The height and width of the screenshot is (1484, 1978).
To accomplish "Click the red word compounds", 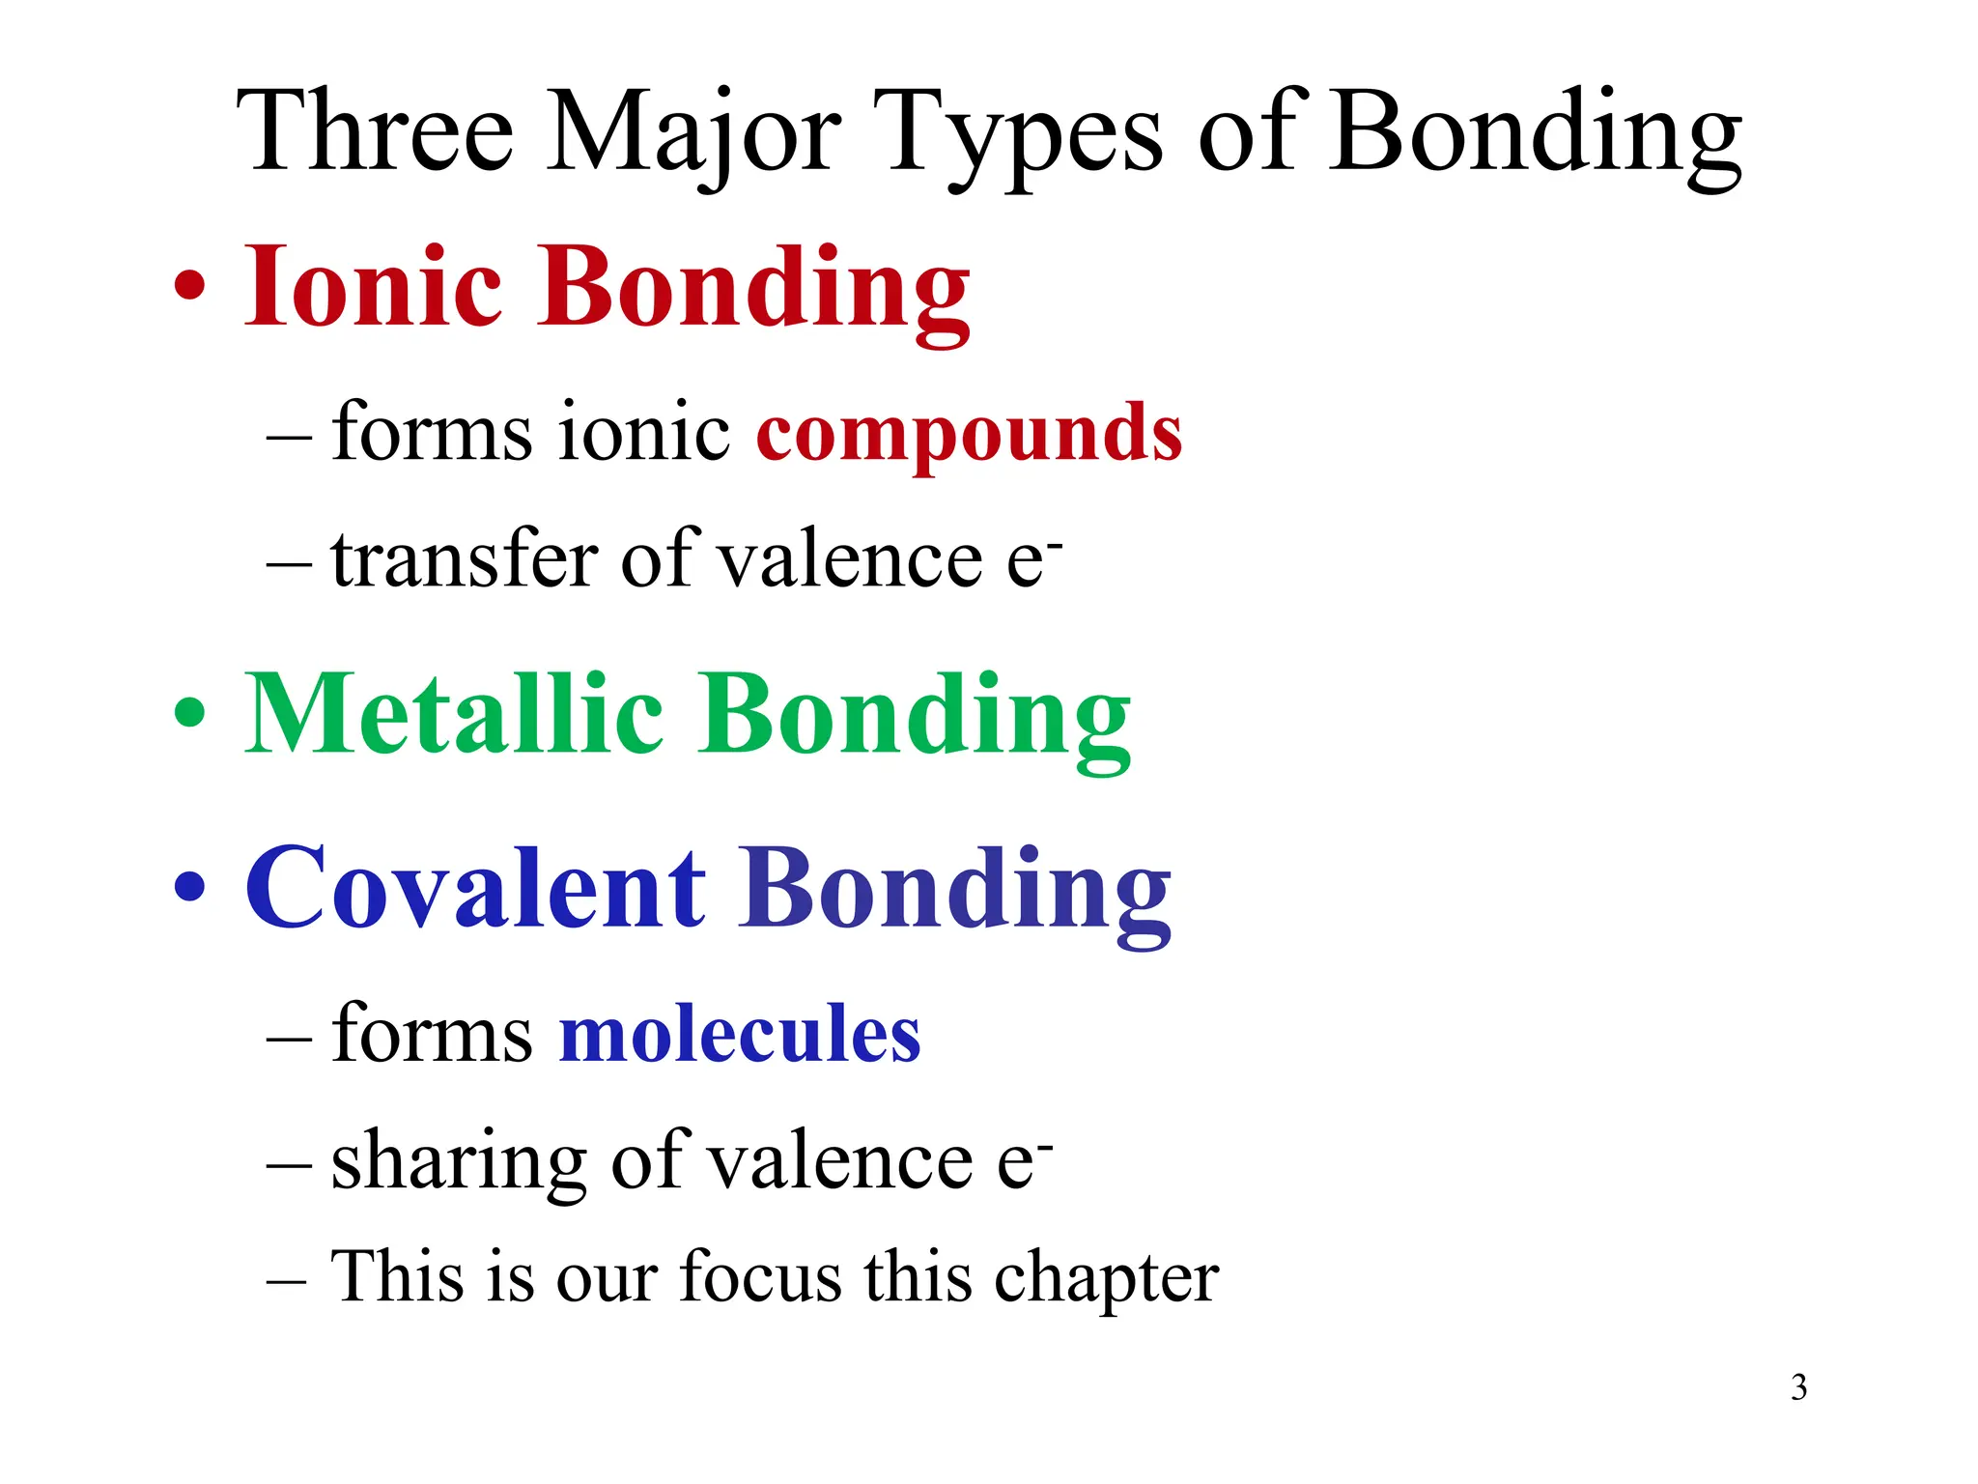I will pyautogui.click(x=969, y=433).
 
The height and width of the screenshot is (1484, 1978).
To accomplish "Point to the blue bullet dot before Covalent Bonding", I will pyautogui.click(x=190, y=887).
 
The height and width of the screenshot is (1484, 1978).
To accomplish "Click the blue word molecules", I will pyautogui.click(x=740, y=1034).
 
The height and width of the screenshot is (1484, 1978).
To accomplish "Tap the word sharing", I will pyautogui.click(x=459, y=1161).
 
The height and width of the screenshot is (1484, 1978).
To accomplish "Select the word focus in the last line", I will pyautogui.click(x=761, y=1277).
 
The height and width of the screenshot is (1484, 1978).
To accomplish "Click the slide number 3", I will pyautogui.click(x=1798, y=1387).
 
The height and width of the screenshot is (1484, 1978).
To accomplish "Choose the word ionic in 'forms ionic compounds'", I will pyautogui.click(x=644, y=433).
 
